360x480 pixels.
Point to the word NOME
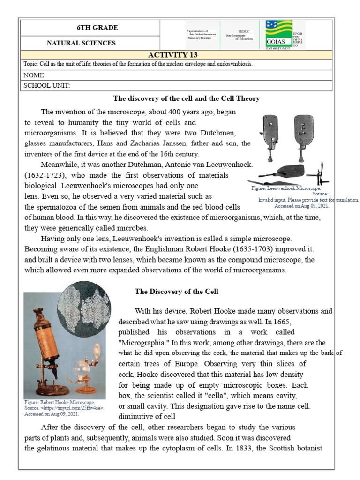[33, 75]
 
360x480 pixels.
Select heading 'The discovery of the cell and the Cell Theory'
[187, 98]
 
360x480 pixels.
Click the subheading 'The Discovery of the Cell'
[176, 292]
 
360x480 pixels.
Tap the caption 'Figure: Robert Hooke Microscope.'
[59, 402]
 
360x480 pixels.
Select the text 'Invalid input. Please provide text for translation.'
[308, 199]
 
